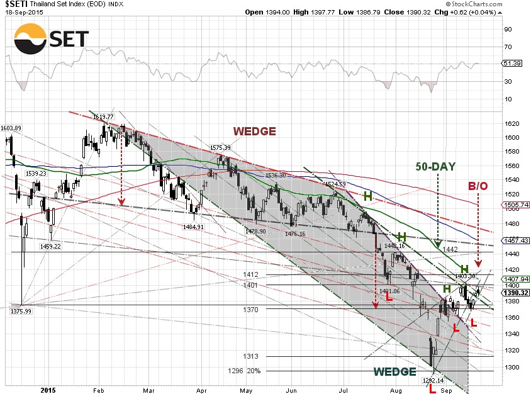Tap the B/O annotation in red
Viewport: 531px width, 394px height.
478,186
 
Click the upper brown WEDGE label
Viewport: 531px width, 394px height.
254,131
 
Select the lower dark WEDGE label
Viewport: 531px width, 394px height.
394,371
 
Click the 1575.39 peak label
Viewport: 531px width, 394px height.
221,147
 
